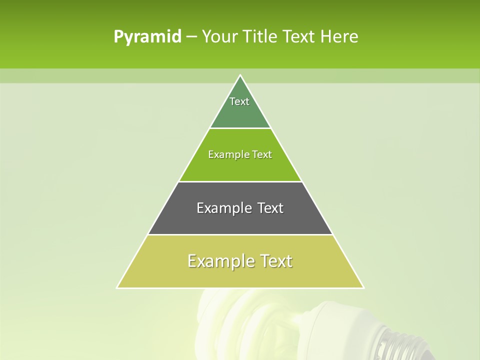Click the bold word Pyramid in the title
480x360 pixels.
click(147, 37)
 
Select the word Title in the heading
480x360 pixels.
click(262, 37)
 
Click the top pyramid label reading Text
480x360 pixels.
click(239, 101)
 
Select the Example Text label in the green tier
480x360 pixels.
click(240, 154)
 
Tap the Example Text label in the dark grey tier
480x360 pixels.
click(240, 208)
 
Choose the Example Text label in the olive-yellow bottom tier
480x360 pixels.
click(240, 261)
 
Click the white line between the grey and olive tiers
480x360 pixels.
click(240, 234)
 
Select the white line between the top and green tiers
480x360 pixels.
click(240, 128)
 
